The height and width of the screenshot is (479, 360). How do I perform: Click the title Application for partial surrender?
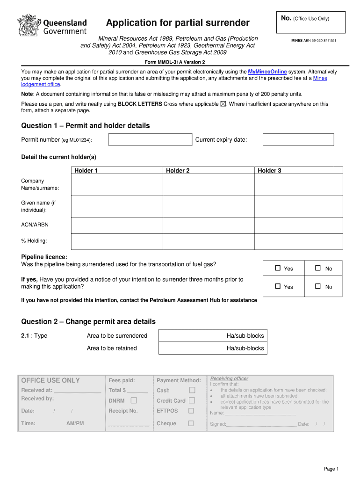pos(178,23)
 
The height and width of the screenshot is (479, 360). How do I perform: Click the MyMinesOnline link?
pos(267,72)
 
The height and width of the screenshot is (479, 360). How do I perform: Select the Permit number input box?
pos(150,139)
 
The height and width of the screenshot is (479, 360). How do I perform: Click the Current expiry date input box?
pos(298,139)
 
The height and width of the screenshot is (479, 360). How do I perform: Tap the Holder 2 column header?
pos(178,171)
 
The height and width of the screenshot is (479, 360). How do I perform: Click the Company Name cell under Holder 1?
pos(116,185)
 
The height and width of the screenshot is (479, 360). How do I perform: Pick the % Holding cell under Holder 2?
pos(209,241)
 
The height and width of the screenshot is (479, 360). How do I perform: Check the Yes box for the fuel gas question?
pos(278,268)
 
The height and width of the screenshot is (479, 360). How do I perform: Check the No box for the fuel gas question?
pos(318,268)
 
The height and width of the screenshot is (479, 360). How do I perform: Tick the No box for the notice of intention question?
pos(318,286)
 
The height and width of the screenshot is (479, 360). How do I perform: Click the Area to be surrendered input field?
pos(213,336)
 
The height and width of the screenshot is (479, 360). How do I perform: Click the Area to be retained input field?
pos(213,348)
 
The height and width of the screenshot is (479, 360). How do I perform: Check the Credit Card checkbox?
pos(191,400)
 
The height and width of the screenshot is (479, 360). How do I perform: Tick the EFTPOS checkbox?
pos(191,411)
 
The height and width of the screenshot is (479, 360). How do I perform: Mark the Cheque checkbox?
pos(191,423)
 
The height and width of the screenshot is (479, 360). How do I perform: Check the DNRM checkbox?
pos(134,400)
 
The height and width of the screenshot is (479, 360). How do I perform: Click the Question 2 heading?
pos(88,321)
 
